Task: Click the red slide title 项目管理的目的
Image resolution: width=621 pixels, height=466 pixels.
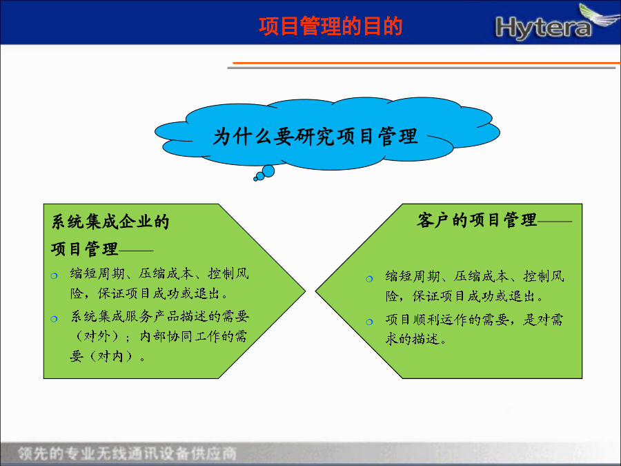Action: click(331, 26)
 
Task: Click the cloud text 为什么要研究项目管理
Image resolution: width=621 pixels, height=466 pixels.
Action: click(315, 136)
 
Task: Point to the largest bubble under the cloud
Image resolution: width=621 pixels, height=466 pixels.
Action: click(268, 171)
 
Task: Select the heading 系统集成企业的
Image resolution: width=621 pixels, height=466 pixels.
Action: click(110, 222)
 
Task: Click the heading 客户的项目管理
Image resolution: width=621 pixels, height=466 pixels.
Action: click(476, 220)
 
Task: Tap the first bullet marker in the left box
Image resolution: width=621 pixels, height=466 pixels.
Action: click(55, 275)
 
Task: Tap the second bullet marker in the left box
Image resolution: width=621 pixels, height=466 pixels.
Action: click(55, 318)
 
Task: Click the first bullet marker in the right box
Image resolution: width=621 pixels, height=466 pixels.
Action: click(369, 279)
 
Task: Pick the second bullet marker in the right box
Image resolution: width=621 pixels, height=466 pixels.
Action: click(369, 322)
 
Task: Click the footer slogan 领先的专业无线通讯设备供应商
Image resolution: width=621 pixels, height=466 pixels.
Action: click(127, 454)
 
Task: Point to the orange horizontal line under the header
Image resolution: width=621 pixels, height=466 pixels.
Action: click(426, 63)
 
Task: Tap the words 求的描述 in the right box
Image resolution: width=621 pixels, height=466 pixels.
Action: click(413, 339)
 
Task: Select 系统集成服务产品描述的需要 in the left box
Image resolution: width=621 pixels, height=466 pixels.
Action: click(159, 316)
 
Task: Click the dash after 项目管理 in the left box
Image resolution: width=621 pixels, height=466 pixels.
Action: click(136, 251)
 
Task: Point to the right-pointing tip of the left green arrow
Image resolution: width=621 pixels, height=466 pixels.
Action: click(306, 291)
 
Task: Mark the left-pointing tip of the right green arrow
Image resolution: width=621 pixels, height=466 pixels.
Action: click(315, 291)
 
